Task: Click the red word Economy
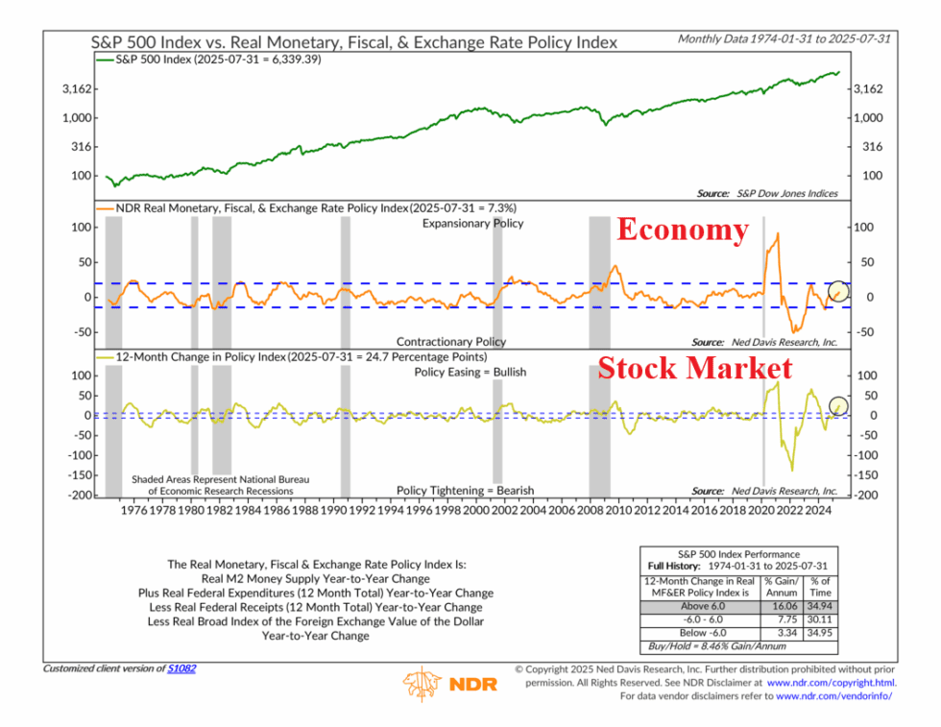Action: (681, 230)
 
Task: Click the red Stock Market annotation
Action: (694, 369)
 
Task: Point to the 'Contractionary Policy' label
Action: (451, 341)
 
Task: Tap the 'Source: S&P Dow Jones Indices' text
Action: (767, 193)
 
